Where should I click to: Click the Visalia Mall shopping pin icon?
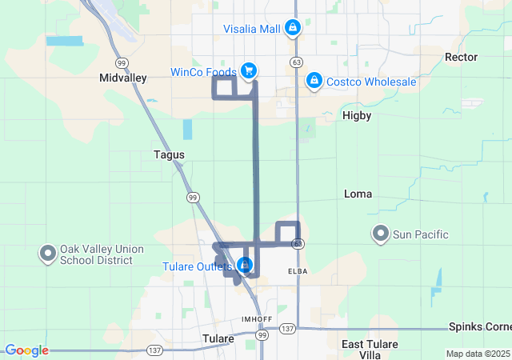tap(293, 28)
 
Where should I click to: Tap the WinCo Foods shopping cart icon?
tap(249, 71)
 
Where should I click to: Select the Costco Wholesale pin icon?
tap(314, 81)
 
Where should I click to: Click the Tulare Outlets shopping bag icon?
tap(245, 265)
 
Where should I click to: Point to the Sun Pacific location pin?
tap(381, 234)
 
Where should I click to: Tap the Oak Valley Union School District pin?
tap(47, 254)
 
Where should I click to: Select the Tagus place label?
tap(169, 154)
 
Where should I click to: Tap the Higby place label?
tap(357, 115)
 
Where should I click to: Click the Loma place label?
tap(358, 194)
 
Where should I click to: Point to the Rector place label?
tap(461, 57)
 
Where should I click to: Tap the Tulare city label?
tap(218, 338)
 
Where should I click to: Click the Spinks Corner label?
tap(479, 328)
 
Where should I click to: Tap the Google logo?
tap(26, 350)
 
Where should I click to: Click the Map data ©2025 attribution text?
tap(478, 354)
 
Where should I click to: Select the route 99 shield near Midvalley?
tap(121, 62)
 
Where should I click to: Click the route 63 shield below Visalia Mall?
tap(297, 62)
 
